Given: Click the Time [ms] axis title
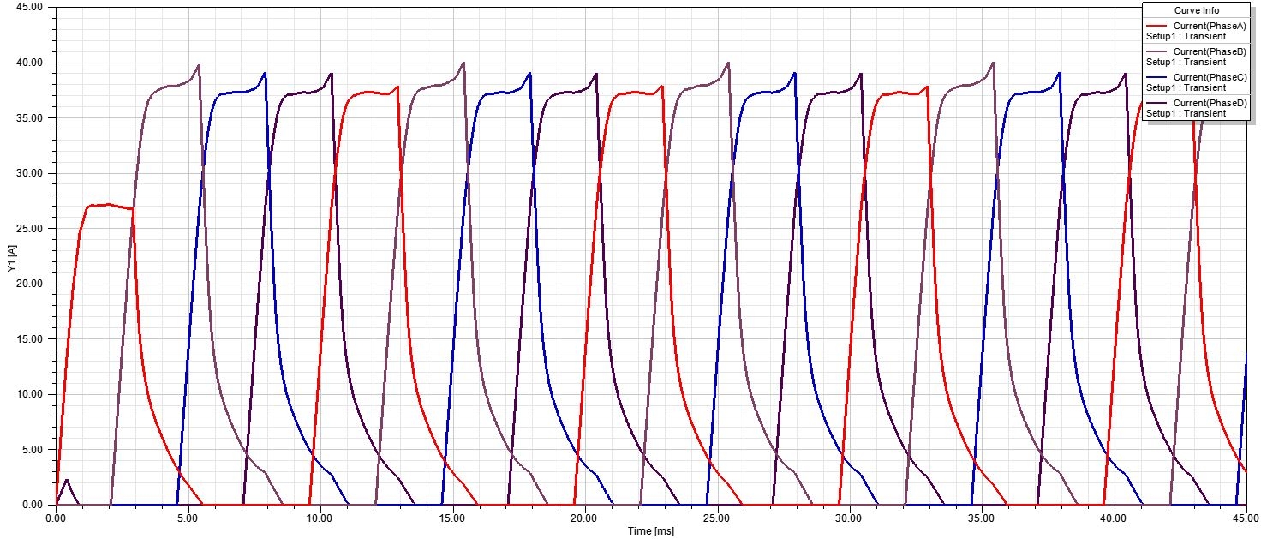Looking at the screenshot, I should click(x=650, y=532).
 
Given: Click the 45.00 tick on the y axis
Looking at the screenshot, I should click(x=30, y=8).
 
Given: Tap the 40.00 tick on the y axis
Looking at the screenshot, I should click(x=30, y=63).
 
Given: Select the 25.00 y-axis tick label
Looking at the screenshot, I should click(x=30, y=229).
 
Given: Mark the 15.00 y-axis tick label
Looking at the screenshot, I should click(x=30, y=339).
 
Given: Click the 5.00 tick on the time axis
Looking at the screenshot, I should click(x=188, y=518).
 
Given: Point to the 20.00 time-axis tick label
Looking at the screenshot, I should click(x=584, y=518).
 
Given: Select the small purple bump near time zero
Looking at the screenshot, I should click(x=67, y=481).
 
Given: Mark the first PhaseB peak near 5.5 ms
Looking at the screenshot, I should click(x=199, y=65).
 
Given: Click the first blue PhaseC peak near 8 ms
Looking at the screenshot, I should click(x=265, y=74).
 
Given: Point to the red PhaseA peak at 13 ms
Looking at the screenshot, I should click(x=398, y=87).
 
